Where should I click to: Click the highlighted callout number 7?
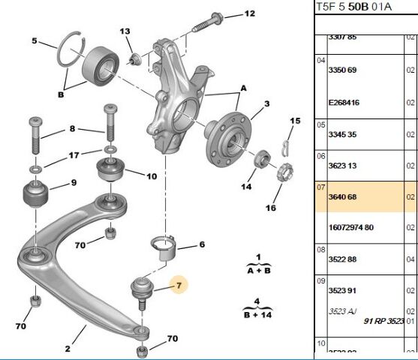(x=179, y=284)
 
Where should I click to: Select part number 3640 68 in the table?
(x=344, y=198)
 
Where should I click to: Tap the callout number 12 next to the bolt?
(x=249, y=13)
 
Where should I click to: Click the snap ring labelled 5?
(x=70, y=51)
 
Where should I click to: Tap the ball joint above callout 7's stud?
(x=142, y=287)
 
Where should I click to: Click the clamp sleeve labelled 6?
(x=166, y=247)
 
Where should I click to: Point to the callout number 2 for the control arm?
(x=67, y=348)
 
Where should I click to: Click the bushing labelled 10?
(x=113, y=172)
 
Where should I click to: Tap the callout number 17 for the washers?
(x=73, y=156)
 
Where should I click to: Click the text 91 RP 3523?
(x=384, y=321)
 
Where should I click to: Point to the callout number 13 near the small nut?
(x=125, y=31)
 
